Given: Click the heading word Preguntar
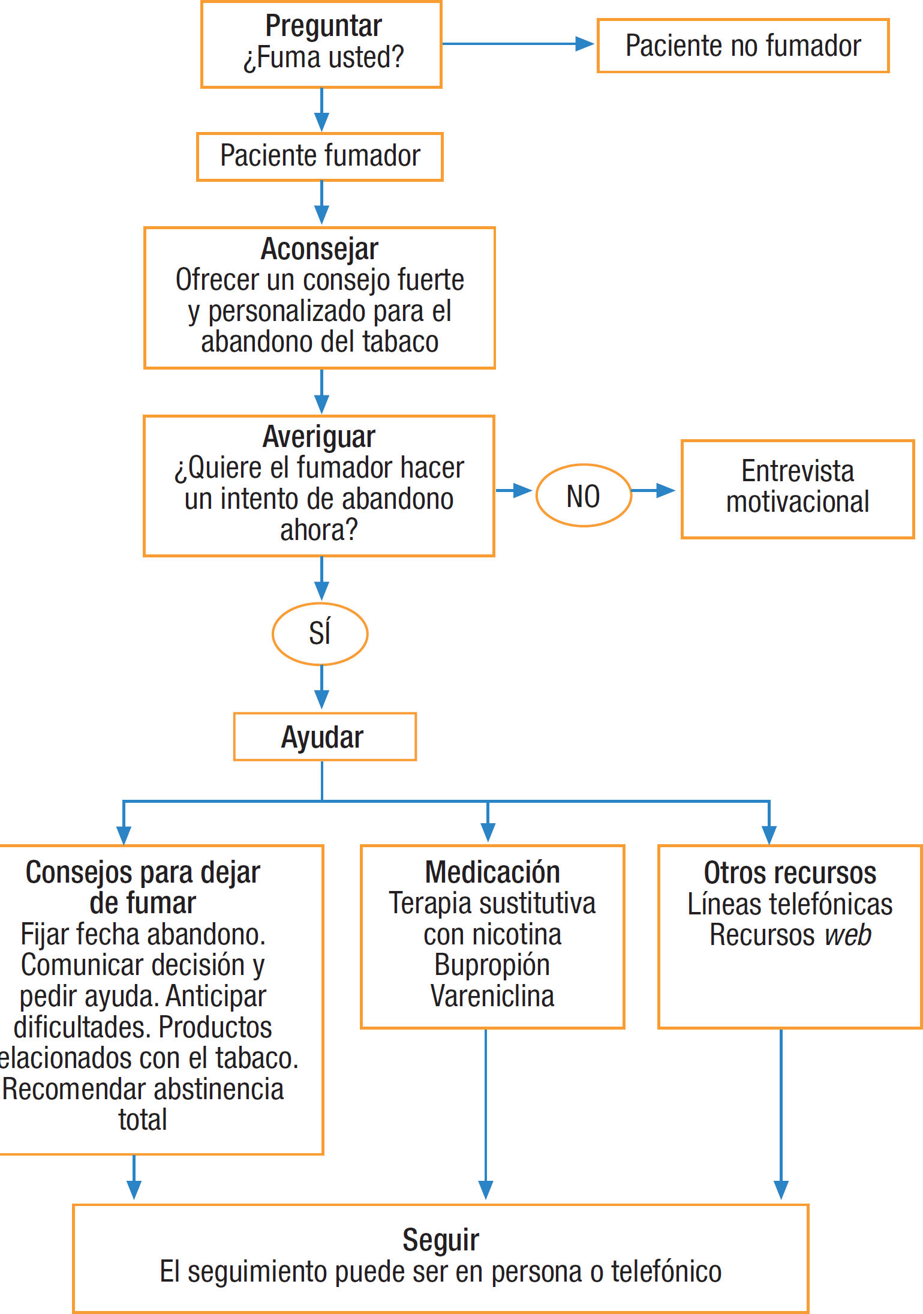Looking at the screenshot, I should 323,26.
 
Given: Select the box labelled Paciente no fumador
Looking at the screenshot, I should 742,46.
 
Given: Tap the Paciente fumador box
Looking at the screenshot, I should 320,157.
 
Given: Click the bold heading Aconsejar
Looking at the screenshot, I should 319,249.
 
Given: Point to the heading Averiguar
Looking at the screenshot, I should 318,437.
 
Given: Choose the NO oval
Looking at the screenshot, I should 583,496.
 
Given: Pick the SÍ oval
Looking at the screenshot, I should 320,634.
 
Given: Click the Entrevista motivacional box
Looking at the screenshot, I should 797,488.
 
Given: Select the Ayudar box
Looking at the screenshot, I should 324,737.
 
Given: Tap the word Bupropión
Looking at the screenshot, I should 492,965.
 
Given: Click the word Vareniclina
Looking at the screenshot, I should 492,996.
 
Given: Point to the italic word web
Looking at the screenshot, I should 847,935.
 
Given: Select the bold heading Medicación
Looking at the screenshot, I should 492,872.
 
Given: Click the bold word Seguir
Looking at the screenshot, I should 440,1240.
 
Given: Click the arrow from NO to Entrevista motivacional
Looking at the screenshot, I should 653,491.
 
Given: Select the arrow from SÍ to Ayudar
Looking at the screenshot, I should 322,687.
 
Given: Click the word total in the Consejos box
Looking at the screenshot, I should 143,1120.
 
